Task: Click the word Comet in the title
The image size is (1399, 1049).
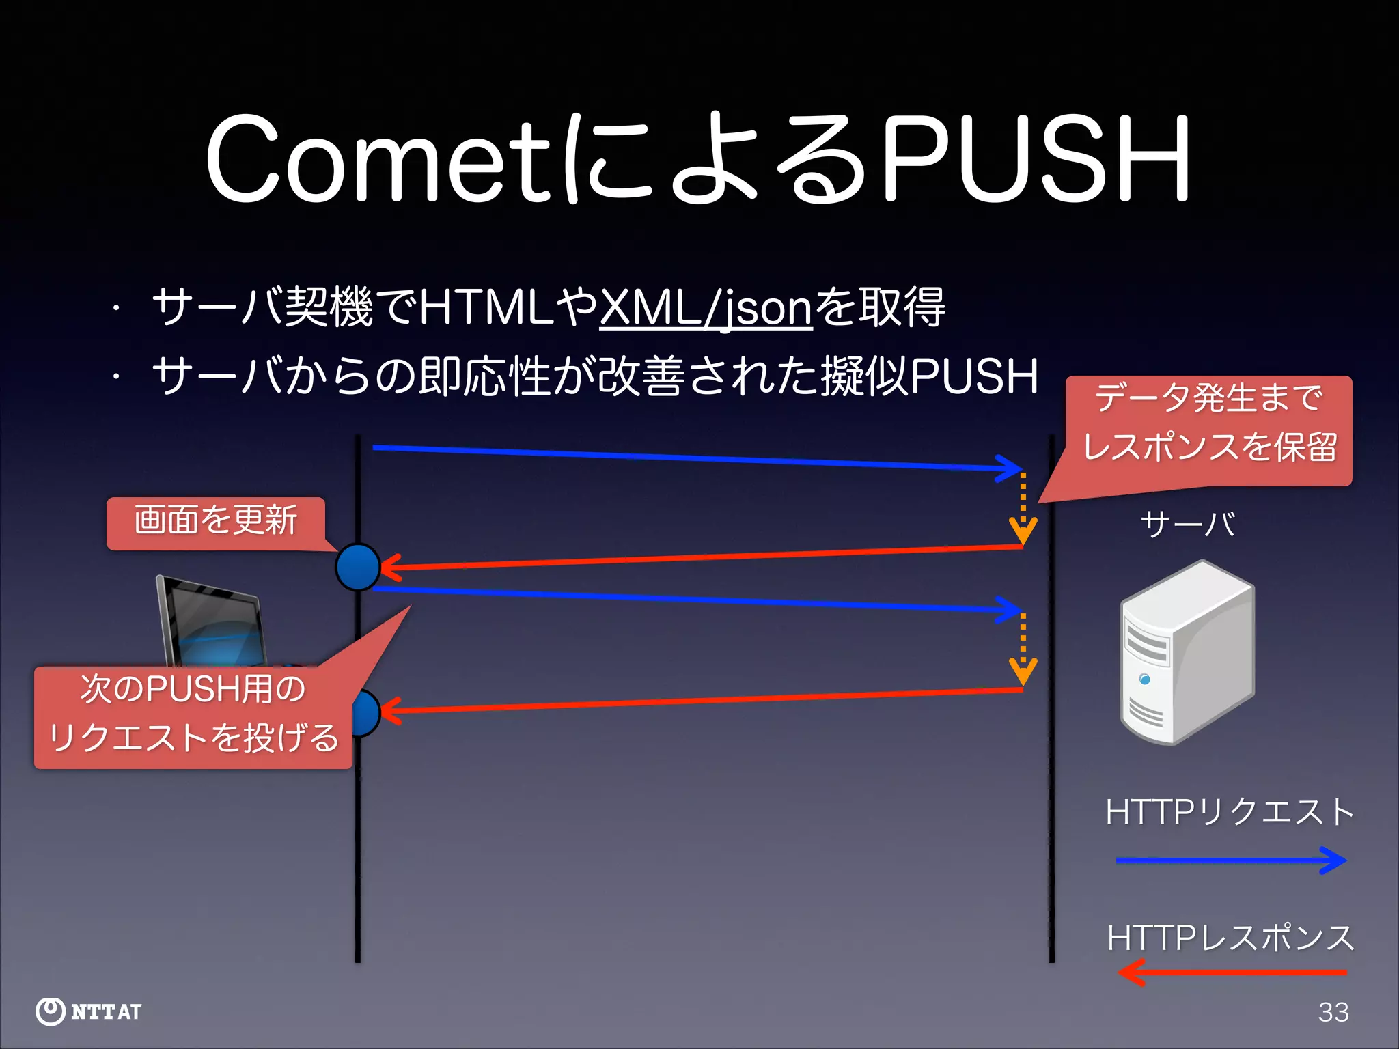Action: coord(379,160)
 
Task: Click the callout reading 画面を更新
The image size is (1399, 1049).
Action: coord(215,522)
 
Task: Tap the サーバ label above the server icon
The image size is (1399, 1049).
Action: coord(1187,524)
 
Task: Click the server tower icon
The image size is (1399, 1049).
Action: coord(1187,652)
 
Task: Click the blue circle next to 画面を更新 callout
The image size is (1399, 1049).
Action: coord(357,567)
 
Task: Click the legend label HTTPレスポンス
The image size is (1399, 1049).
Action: coord(1230,938)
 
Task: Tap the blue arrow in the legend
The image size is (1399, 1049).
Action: coord(1230,861)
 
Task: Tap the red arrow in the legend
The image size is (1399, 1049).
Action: coord(1230,972)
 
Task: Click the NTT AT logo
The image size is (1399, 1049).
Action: coord(89,1011)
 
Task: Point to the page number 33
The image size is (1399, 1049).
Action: coord(1333,1012)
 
